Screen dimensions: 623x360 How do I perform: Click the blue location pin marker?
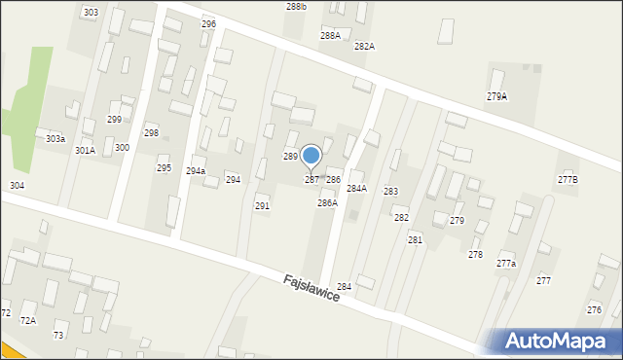(x=311, y=156)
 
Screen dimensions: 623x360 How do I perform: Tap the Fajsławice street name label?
(x=311, y=287)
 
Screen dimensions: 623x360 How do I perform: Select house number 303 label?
(x=91, y=13)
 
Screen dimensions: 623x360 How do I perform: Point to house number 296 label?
(x=208, y=23)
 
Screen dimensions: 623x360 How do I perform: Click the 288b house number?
(x=296, y=7)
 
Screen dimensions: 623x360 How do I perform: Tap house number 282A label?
(x=364, y=46)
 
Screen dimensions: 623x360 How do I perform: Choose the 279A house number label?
(x=496, y=96)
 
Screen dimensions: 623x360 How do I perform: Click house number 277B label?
(x=568, y=179)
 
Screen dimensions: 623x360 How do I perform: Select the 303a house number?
(x=55, y=139)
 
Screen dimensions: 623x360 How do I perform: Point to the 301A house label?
(x=86, y=151)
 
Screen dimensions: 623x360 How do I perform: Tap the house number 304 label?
(x=17, y=185)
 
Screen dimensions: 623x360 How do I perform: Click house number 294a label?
(x=196, y=171)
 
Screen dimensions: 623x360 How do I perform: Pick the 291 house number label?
(x=262, y=206)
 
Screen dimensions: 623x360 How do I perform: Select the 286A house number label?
(x=327, y=203)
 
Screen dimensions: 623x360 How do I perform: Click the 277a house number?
(x=506, y=264)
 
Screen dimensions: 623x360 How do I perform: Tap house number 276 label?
(x=594, y=309)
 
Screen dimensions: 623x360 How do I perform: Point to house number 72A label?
(x=28, y=320)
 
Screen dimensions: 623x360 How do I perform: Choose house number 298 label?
(x=151, y=132)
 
